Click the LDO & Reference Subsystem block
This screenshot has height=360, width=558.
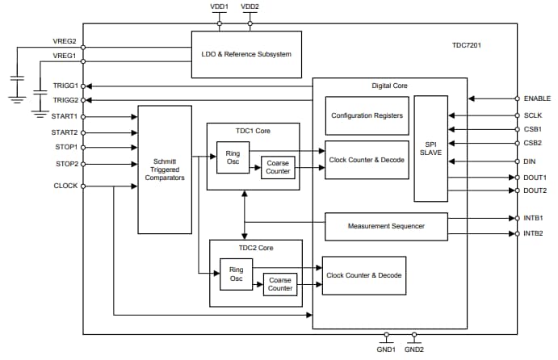[x=245, y=54]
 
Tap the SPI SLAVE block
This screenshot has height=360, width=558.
[x=430, y=148]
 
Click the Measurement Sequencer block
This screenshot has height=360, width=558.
[x=385, y=227]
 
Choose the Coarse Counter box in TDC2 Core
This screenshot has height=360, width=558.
[x=279, y=284]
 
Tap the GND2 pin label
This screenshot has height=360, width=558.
[x=413, y=350]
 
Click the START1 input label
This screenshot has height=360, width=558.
[x=64, y=116]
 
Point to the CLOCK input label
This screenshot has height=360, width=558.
[x=65, y=186]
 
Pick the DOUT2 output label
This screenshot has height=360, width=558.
[x=535, y=191]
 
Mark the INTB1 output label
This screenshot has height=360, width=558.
[x=534, y=218]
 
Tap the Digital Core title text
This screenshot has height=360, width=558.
[x=389, y=86]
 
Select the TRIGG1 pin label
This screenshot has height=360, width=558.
[x=65, y=86]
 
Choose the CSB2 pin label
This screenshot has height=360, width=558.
[x=532, y=143]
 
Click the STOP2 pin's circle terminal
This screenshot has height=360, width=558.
[x=84, y=163]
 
